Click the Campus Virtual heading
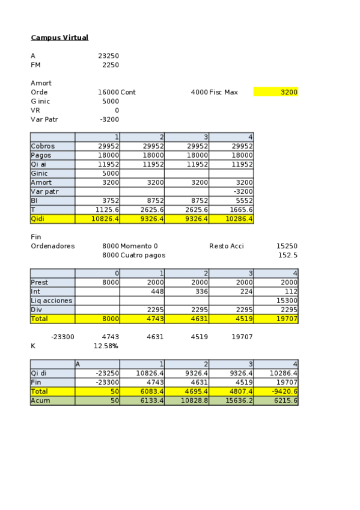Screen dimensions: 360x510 59,38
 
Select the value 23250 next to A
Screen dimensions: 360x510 108,56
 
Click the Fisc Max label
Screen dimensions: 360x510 224,92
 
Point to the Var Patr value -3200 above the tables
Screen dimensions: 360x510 109,119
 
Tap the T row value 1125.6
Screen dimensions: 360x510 107,209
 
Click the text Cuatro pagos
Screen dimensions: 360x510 143,255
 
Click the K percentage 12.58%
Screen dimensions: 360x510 106,346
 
